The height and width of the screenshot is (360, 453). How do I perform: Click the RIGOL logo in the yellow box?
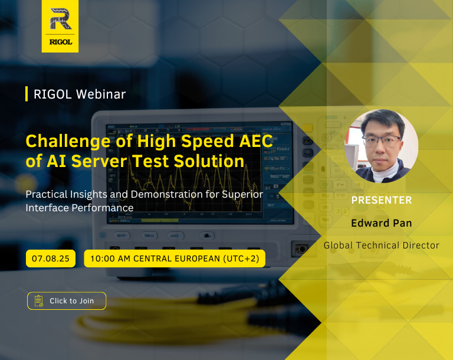[x=60, y=26]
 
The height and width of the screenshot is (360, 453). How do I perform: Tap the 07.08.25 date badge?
[x=51, y=258]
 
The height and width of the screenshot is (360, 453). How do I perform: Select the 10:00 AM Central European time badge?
[x=175, y=258]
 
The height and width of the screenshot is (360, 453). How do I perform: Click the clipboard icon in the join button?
[x=39, y=301]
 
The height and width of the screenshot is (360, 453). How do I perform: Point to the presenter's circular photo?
[x=382, y=146]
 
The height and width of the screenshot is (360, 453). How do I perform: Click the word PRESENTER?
[x=382, y=200]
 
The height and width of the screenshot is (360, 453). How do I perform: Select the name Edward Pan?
[x=382, y=223]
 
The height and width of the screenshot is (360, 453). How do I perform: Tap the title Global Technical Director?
[x=382, y=245]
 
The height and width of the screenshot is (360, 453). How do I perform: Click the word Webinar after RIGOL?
[x=101, y=94]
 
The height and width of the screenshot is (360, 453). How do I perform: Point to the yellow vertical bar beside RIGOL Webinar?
[x=27, y=94]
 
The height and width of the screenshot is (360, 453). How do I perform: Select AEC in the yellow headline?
[x=256, y=141]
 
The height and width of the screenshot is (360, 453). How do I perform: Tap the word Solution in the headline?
[x=209, y=161]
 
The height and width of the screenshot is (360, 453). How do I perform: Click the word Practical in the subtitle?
[x=47, y=194]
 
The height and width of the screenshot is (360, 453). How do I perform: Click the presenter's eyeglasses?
[x=382, y=141]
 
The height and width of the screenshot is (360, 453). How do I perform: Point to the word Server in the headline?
[x=99, y=161]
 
